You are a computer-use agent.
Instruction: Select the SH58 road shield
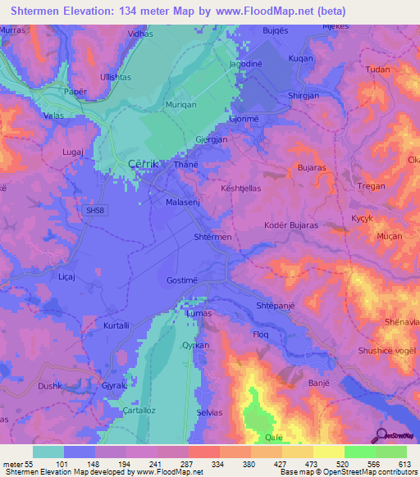(95, 211)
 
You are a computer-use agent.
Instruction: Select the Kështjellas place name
(240, 188)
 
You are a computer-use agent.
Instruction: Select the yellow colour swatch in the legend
(328, 452)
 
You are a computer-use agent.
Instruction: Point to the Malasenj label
(183, 202)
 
